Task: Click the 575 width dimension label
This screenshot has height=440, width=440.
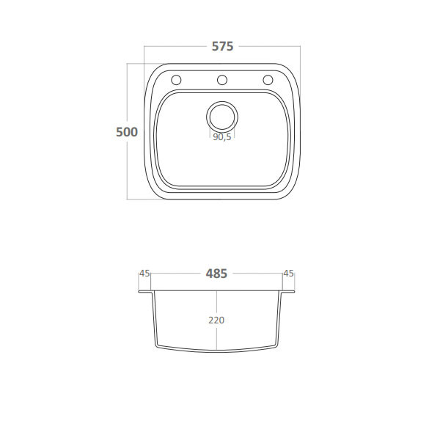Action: coord(222,46)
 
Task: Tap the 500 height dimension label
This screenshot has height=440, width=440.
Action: coord(127,132)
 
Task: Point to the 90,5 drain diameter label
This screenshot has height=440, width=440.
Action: coord(222,137)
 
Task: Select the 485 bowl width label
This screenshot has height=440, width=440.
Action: coord(216,274)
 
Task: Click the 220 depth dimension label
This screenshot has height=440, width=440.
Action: coord(216,320)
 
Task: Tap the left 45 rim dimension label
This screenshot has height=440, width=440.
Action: coord(144,274)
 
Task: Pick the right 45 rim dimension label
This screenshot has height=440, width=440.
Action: coord(288,274)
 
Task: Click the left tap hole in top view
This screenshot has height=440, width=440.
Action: coord(176,80)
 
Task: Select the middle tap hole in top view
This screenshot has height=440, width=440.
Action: coord(222,80)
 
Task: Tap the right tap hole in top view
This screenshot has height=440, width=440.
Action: coord(268,80)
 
